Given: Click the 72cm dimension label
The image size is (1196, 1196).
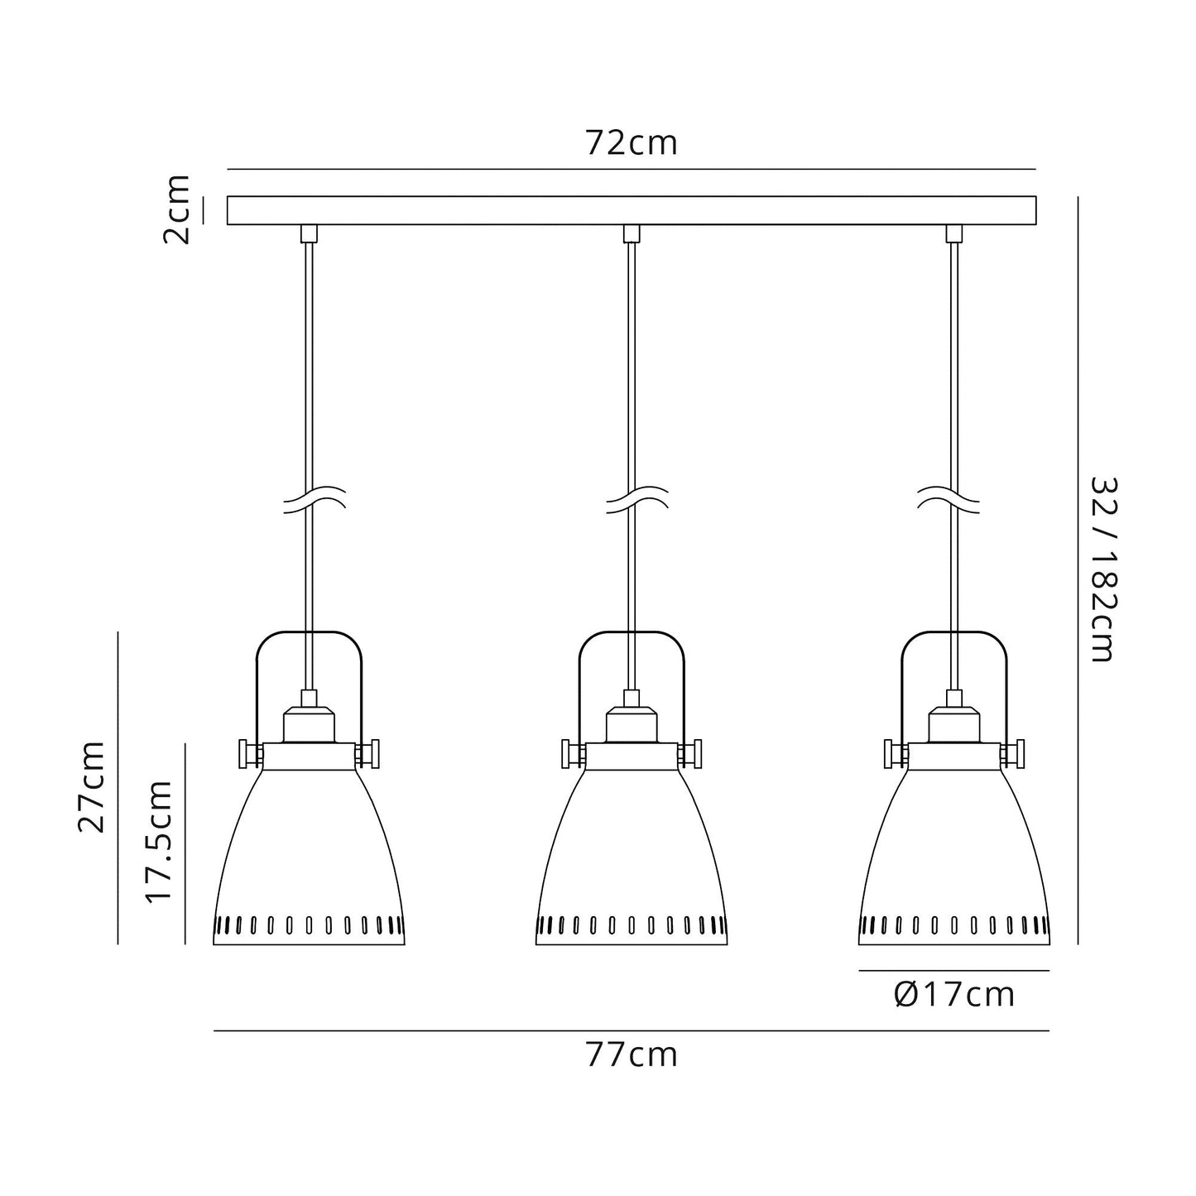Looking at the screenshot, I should tap(632, 143).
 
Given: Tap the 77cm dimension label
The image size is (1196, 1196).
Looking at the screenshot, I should tap(632, 1055).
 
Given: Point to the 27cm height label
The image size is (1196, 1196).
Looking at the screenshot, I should tap(92, 786).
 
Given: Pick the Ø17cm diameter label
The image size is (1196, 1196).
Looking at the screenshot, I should tap(954, 994).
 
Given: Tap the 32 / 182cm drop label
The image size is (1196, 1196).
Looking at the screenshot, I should tap(1102, 569).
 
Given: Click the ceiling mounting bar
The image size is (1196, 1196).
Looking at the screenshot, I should tap(632, 210).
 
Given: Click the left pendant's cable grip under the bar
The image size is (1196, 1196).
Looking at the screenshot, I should tap(309, 233).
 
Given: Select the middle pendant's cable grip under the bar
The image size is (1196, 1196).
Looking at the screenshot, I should tap(632, 233).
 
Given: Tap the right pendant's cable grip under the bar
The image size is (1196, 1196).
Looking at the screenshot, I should tap(954, 233).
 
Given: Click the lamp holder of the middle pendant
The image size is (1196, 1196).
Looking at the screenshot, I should tap(632, 723).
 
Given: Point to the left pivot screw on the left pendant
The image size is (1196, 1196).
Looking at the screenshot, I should tap(246, 753).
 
